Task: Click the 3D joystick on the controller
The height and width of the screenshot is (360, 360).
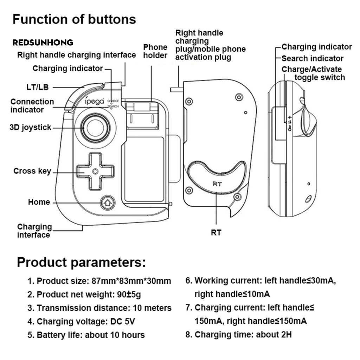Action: coord(94,128)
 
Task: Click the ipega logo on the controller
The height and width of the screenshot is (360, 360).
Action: coord(95,101)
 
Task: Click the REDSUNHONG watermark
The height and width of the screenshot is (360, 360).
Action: coord(43,43)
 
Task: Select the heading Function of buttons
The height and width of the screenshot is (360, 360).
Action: coord(74,19)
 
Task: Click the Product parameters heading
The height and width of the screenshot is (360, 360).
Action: coord(81,262)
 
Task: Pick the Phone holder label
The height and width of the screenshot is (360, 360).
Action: coord(155,51)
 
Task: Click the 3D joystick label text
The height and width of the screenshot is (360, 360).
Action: coord(30,127)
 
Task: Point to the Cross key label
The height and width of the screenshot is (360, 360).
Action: coord(32,171)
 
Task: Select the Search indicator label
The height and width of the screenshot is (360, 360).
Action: coord(312,58)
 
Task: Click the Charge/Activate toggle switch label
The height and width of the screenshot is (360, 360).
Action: coord(313,73)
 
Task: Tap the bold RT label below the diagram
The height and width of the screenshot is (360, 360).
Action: coord(216,232)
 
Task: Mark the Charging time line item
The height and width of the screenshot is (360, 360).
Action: coord(239,334)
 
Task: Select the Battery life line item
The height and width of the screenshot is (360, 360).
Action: coord(86,335)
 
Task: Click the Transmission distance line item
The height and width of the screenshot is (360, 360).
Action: coord(99,308)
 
